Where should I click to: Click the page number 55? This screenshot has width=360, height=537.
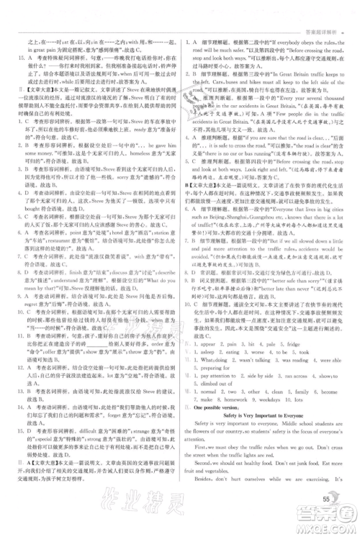(x=326, y=499)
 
